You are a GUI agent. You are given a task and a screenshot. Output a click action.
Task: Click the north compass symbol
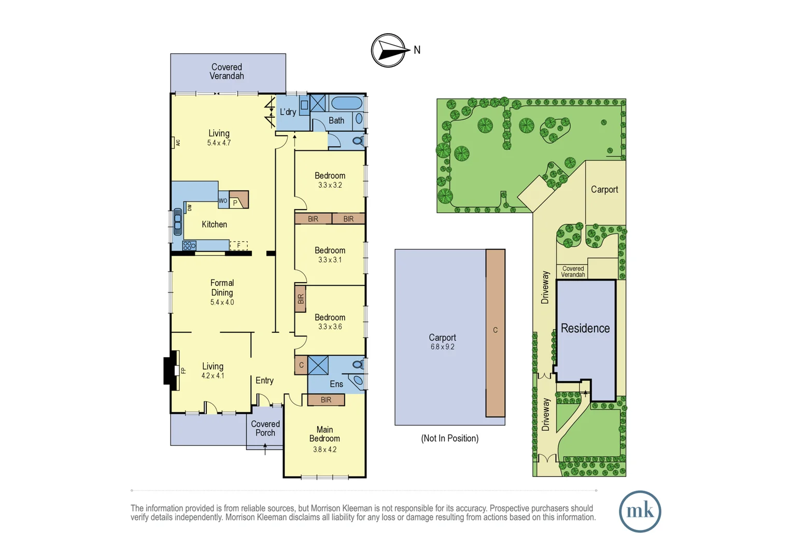389,50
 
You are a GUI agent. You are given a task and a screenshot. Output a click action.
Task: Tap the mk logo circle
640,511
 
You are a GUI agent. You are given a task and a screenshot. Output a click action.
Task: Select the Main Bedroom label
324,434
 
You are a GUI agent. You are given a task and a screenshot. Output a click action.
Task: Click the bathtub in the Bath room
346,103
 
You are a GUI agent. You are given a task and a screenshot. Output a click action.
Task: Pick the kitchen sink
178,222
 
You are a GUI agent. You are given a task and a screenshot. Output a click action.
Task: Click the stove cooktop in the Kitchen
189,246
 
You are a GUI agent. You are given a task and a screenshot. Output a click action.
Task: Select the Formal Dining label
222,288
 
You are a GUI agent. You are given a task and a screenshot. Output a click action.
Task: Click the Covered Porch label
265,428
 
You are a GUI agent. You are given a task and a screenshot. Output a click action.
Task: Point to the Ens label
336,384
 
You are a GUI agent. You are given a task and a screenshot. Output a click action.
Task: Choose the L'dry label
288,112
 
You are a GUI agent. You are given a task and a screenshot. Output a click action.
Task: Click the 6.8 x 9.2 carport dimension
442,347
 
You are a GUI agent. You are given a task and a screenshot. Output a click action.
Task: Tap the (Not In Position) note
449,438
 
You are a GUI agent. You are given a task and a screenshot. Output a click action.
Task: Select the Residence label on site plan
585,328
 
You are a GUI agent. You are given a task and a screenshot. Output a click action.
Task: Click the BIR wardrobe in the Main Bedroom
326,400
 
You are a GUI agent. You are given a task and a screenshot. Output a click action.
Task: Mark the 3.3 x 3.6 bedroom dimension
330,327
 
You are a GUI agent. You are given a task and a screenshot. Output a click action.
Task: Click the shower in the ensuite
318,365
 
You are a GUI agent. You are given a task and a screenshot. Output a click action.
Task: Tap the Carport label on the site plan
604,189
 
